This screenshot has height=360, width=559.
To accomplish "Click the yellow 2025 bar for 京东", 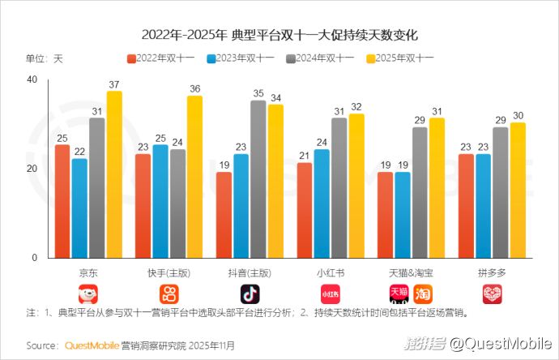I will [114, 174].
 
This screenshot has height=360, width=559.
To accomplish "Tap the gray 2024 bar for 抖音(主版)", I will [258, 179].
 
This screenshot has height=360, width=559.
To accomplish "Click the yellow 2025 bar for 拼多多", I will [518, 191].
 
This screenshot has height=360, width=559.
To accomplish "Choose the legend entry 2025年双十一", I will [400, 58].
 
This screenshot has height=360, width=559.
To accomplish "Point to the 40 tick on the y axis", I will [32, 79].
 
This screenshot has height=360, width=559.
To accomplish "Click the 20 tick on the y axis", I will [32, 169].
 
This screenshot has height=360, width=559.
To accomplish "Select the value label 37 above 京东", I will [114, 84].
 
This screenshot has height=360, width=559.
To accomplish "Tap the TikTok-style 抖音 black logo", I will [250, 293].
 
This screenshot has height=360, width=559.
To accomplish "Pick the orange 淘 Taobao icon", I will [423, 293].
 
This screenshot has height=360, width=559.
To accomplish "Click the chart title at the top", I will [279, 35].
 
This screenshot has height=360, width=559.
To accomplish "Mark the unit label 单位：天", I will [45, 58].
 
